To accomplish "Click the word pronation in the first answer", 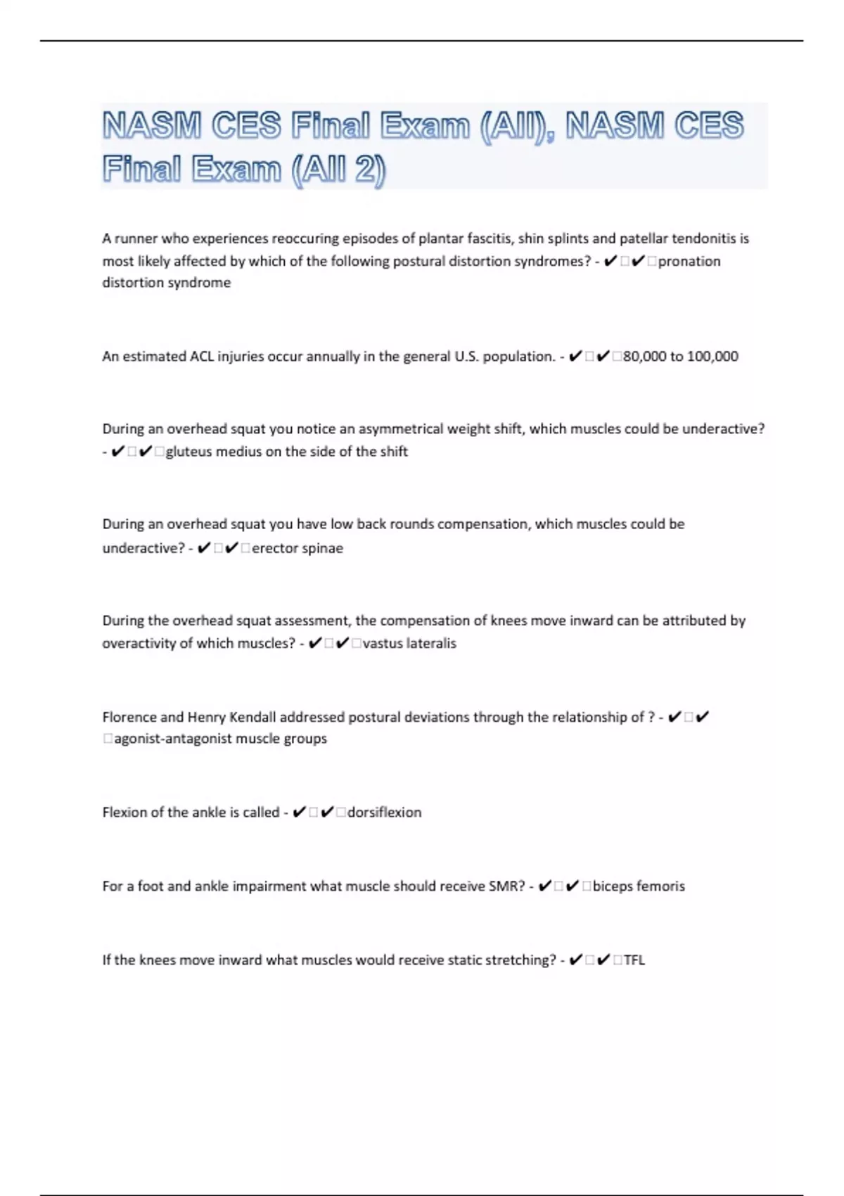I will point(689,261).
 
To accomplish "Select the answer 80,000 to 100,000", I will point(681,357).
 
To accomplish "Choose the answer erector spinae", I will point(298,548).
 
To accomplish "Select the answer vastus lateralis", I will point(409,644).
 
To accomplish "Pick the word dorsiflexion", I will point(384,813).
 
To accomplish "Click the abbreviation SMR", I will point(506,886).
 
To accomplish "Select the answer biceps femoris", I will point(639,886).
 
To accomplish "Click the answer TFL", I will point(634,960).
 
